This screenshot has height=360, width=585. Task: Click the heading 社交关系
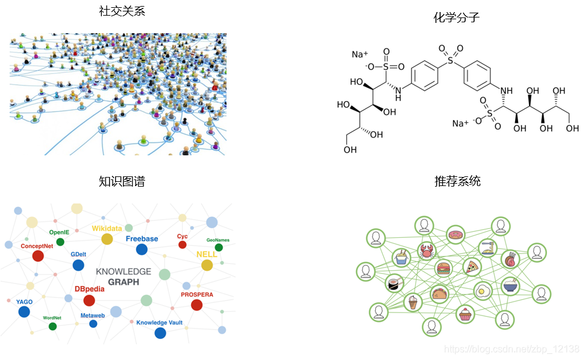(122, 11)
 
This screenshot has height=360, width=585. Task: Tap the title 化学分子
(456, 17)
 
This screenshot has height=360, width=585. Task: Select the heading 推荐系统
(457, 181)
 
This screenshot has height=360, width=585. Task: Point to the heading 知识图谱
(122, 181)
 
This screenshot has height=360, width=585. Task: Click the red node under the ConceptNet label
(38, 256)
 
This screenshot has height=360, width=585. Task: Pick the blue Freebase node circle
(142, 249)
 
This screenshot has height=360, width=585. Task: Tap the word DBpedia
(89, 289)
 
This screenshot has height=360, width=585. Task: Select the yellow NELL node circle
(207, 265)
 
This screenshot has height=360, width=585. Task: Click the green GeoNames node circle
(219, 247)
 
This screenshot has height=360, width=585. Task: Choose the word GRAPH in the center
(124, 282)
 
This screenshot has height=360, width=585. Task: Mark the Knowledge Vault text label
(159, 323)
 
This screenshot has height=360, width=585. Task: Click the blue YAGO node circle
(24, 311)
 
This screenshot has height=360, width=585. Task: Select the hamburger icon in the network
(444, 268)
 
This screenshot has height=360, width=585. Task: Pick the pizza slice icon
(471, 265)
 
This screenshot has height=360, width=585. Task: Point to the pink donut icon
(455, 235)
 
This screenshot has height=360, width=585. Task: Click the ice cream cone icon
(413, 302)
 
